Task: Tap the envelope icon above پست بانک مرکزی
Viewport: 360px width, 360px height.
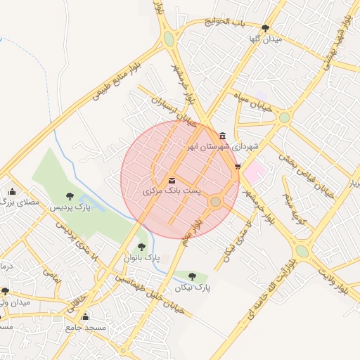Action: [173, 181]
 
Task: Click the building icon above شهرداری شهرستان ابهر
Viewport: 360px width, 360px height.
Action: [223, 136]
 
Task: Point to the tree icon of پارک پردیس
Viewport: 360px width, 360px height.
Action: [69, 196]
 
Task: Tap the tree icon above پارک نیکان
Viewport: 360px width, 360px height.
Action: [192, 277]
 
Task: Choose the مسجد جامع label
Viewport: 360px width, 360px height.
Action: [85, 327]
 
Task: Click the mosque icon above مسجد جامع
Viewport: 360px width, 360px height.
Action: [86, 317]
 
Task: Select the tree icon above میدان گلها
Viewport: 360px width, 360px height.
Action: [265, 28]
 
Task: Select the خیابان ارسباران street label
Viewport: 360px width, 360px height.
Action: [173, 110]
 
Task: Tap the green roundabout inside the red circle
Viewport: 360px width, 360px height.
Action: [215, 202]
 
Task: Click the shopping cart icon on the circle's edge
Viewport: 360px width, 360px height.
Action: [238, 167]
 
